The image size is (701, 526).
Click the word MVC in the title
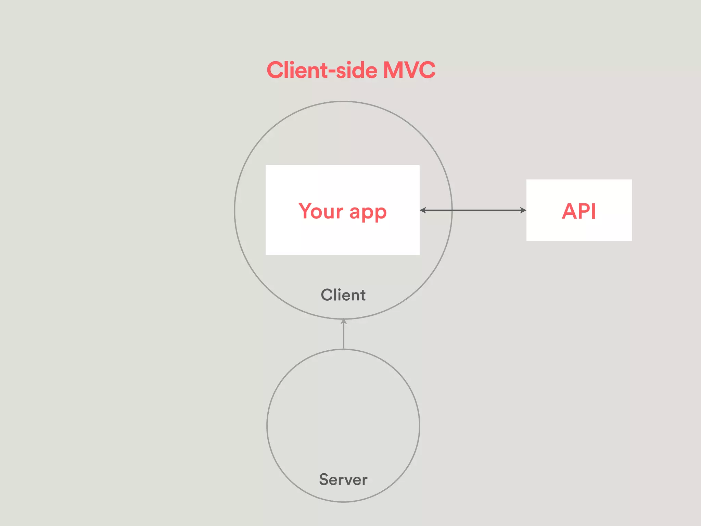coord(409,70)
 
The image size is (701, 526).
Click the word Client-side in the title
coord(322,70)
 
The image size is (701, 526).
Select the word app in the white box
coord(368,212)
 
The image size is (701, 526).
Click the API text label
coord(579,211)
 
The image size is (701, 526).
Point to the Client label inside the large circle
coord(343,295)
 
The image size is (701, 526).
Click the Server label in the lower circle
coord(343,479)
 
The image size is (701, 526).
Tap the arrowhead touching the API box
coord(523,210)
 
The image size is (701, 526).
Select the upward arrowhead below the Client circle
coord(344,321)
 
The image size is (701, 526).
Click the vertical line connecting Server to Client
coord(344,336)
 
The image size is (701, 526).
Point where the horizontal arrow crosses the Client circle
coord(452,210)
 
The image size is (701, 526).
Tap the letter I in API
coord(594,211)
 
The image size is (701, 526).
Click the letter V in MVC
coord(410,70)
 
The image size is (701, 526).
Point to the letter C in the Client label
coord(327,295)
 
